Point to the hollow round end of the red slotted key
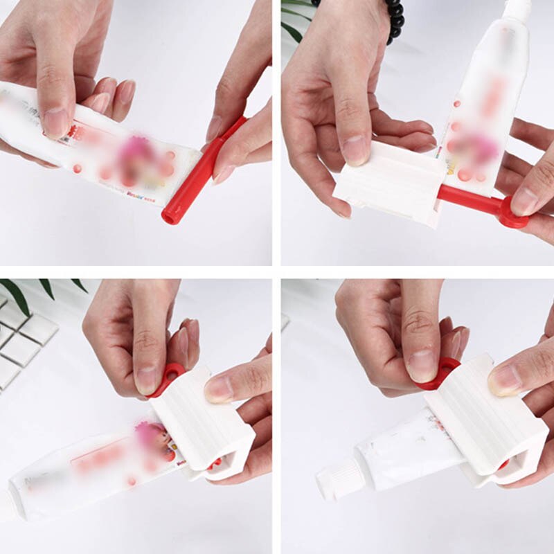pos(170,214)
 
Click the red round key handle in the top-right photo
pos(513,212)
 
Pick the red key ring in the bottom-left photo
pos(170,377)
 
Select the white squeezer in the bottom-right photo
pos(485,422)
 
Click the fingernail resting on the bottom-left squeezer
pos(220,389)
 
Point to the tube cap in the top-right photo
pos(516,8)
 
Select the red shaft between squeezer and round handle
pos(468,197)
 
